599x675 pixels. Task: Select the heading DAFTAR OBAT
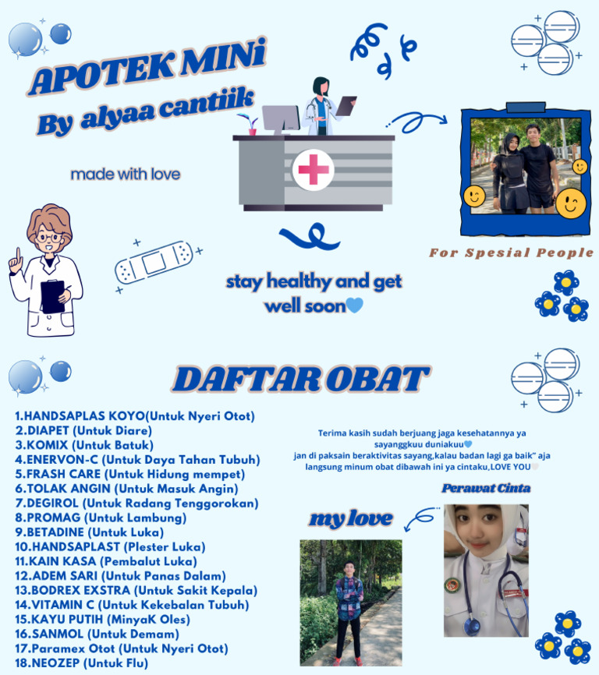point(300,380)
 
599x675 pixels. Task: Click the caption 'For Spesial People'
point(511,253)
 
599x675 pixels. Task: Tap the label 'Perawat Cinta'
point(486,489)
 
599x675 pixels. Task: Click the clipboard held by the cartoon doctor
point(52,295)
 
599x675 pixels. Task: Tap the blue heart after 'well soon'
point(355,306)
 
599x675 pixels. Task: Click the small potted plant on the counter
point(252,125)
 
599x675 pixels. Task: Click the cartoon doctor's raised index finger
point(12,254)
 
